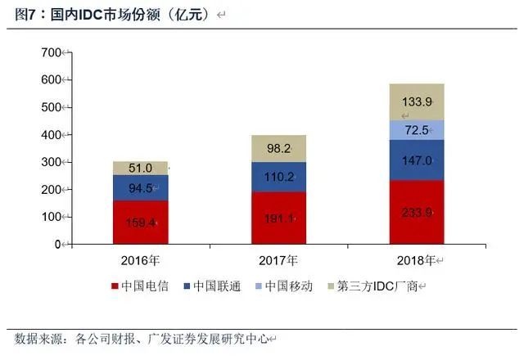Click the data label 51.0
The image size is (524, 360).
pyautogui.click(x=140, y=169)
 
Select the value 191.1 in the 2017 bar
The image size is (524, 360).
pyautogui.click(x=278, y=219)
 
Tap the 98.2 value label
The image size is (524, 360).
pyautogui.click(x=278, y=149)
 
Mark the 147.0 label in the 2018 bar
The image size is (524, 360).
pyautogui.click(x=417, y=161)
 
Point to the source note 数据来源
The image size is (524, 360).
pyautogui.click(x=41, y=338)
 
